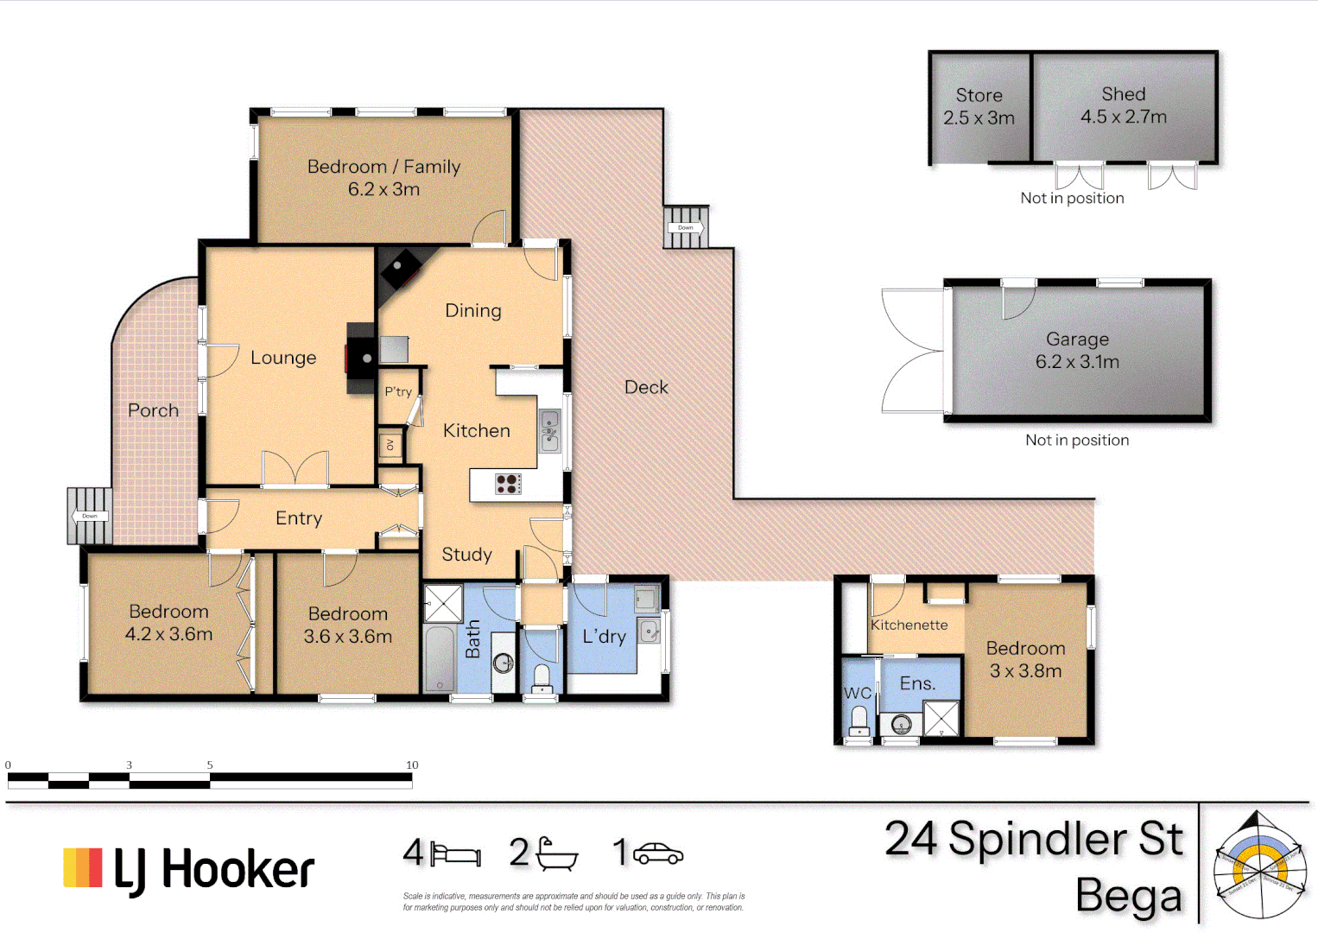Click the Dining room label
472,311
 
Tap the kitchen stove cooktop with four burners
508,484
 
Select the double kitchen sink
549,431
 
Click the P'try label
398,391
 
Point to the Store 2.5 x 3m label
979,106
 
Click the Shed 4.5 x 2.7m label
1123,105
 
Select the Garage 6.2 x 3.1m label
1077,351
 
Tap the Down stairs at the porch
90,516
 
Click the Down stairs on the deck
686,227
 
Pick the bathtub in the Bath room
440,658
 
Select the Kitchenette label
909,625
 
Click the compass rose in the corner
1258,866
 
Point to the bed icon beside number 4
456,854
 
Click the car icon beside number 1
658,854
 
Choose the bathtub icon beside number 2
556,854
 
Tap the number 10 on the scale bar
412,765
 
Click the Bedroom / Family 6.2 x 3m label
383,178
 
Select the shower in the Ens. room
941,719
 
